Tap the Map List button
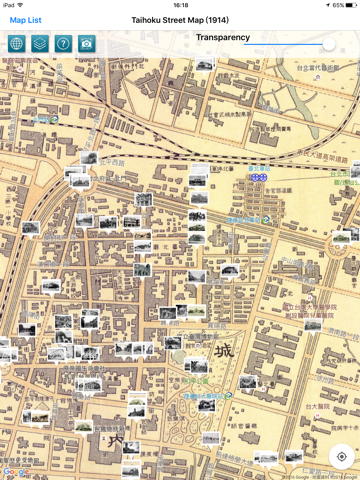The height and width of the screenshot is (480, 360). (25, 20)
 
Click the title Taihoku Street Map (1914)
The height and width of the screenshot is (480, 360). (180, 20)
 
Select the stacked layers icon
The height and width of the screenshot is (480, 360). (39, 44)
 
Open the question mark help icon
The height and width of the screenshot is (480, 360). (63, 44)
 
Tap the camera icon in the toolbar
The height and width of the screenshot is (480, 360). (87, 44)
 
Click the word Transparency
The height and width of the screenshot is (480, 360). (223, 38)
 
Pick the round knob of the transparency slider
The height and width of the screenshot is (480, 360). (329, 44)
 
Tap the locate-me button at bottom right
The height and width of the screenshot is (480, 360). (341, 456)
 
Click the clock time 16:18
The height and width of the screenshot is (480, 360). (180, 5)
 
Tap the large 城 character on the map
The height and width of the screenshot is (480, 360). (224, 351)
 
